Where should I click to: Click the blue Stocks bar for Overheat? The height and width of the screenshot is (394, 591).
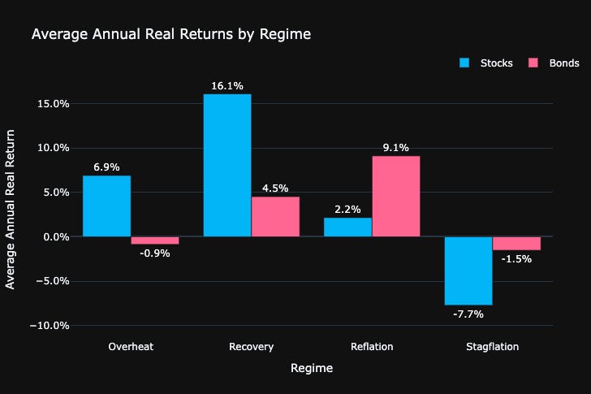(106, 206)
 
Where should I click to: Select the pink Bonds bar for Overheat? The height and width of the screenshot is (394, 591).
(154, 240)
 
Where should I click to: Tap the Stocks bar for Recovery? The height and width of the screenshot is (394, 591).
(226, 166)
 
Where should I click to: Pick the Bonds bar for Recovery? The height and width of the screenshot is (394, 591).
(275, 217)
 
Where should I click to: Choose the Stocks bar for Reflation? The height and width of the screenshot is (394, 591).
(347, 227)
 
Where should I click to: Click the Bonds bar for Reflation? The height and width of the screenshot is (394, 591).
(395, 197)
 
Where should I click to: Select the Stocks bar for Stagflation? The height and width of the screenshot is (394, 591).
(468, 271)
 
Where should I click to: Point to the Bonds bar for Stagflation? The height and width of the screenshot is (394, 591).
(516, 243)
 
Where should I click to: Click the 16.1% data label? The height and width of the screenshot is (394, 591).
(226, 85)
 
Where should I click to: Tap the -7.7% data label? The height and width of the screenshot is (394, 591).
(468, 314)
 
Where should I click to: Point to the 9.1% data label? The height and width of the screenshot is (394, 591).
(395, 147)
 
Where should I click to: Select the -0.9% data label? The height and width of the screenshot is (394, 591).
(154, 253)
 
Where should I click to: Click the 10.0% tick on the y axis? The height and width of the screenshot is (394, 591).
(53, 148)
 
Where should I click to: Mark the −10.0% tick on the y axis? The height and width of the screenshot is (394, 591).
(50, 326)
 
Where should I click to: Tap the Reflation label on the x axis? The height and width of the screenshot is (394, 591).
(371, 347)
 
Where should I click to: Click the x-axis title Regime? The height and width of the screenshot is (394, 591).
(311, 368)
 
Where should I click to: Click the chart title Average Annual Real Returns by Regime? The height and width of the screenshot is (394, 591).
(170, 34)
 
